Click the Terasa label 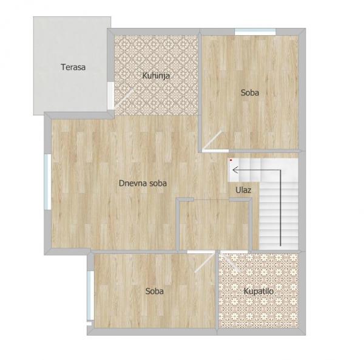73,67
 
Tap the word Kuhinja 155,76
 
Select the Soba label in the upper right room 249,93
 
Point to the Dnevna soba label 143,183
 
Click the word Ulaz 243,190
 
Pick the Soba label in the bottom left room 155,291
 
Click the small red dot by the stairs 231,160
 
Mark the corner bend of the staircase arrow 280,170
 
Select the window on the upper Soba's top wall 255,32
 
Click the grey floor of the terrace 61,91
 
